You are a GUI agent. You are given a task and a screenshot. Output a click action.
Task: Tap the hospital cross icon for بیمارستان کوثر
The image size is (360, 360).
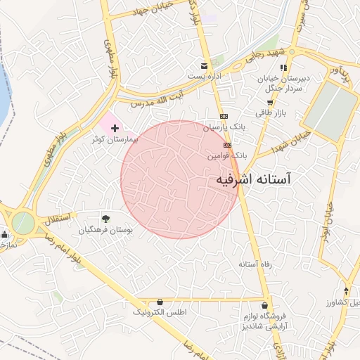click(115, 129)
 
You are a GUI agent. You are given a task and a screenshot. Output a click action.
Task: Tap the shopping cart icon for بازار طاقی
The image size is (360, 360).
click(270, 102)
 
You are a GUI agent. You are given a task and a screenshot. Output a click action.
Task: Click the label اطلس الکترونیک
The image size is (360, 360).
click(160, 311)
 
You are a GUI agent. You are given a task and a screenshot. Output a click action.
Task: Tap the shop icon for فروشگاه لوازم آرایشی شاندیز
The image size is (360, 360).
click(265, 306)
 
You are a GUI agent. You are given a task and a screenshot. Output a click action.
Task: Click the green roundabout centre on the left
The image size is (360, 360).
click(22, 224)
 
